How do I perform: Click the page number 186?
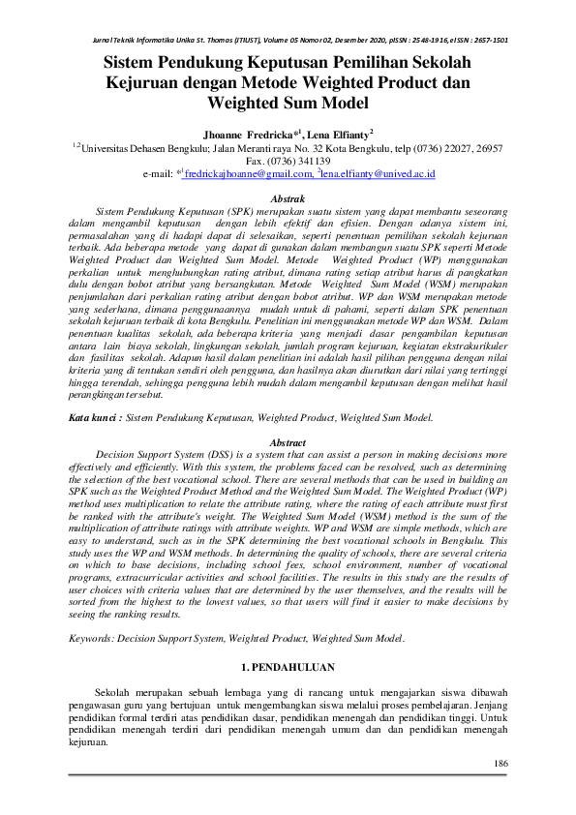point(500,765)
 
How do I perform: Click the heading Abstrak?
point(288,197)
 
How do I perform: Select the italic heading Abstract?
point(287,441)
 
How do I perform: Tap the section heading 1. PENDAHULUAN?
point(287,668)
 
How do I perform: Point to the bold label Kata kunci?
point(95,418)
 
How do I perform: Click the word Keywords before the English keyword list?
point(96,639)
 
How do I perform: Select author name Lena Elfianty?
point(338,132)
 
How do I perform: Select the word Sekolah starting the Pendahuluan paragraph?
point(115,693)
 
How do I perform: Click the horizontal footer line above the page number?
point(288,774)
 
